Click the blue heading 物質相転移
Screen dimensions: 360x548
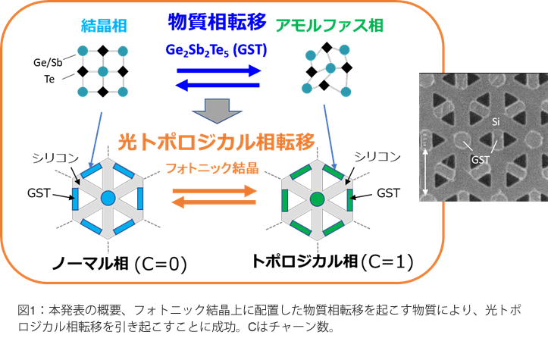pos(217,21)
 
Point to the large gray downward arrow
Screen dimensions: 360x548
pos(218,111)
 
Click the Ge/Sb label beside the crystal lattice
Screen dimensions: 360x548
pos(47,62)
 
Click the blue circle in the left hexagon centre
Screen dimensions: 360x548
pos(107,199)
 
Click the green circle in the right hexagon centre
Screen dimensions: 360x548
pos(316,199)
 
